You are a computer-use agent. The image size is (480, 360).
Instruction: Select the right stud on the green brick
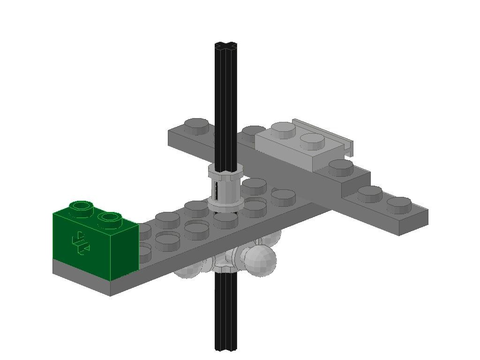pyautogui.click(x=109, y=218)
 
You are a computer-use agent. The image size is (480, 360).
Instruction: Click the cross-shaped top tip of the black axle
pyautogui.click(x=226, y=46)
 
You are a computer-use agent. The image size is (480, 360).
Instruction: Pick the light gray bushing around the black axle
pyautogui.click(x=226, y=187)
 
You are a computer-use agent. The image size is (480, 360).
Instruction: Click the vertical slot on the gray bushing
pyautogui.click(x=217, y=189)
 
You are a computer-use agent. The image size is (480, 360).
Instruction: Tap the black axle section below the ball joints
pyautogui.click(x=226, y=309)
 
